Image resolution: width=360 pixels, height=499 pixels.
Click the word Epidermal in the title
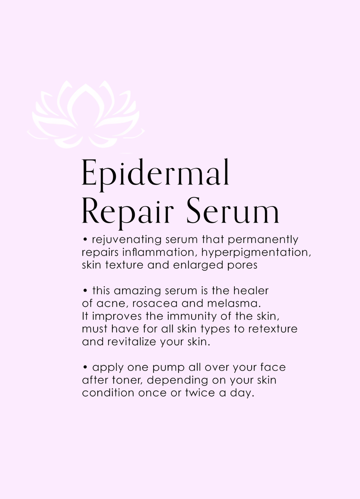[156, 174]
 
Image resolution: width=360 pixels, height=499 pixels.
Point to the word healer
[251, 291]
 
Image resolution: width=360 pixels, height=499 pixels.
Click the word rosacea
[155, 303]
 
